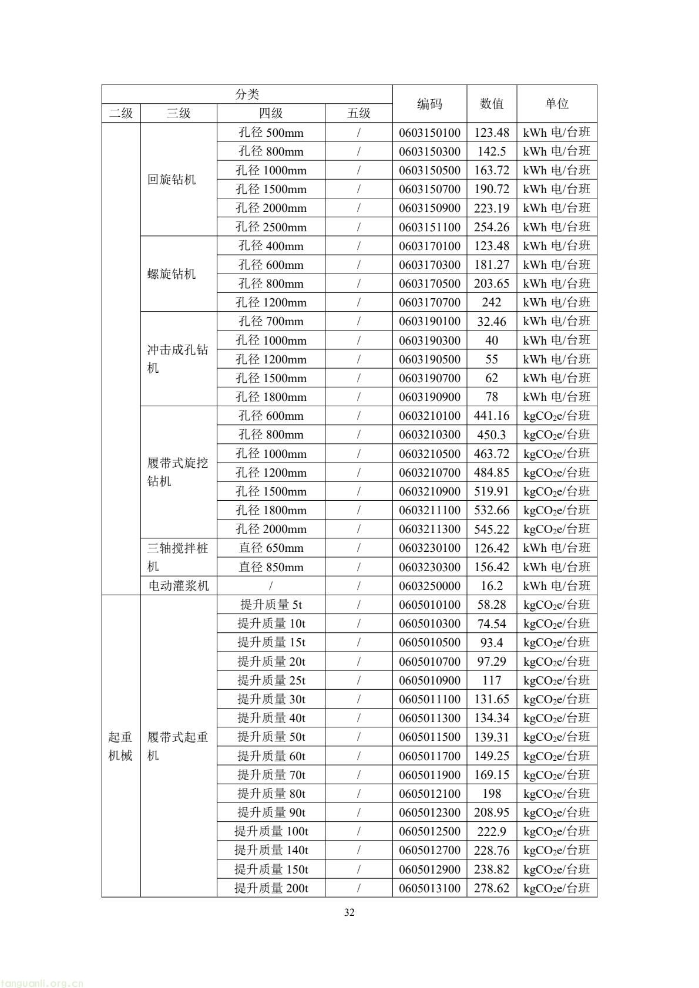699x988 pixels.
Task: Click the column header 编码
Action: coord(429,104)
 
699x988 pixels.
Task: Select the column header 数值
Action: coord(492,104)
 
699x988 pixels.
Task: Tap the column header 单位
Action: coord(556,104)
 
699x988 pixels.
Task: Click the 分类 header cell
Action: coord(247,94)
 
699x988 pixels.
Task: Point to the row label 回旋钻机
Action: coord(172,180)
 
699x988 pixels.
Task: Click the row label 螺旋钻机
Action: coord(172,274)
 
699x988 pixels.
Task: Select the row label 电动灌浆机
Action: coord(178,586)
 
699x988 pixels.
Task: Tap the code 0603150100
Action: coord(429,133)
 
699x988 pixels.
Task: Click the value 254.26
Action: coord(492,227)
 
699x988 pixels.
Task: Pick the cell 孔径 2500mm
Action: coord(271,227)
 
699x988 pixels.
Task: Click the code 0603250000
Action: coord(429,586)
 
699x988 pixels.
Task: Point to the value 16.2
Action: coord(492,586)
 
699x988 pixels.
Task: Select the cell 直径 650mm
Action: coord(271,548)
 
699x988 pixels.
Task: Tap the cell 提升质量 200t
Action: coord(271,888)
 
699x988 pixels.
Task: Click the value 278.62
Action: coord(492,888)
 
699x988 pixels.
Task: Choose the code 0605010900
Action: coord(429,680)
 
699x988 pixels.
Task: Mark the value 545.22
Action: coord(492,530)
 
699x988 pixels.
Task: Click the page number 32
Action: coord(349,912)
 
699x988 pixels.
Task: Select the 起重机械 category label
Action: coord(120,746)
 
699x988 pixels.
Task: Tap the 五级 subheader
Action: coord(358,113)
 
